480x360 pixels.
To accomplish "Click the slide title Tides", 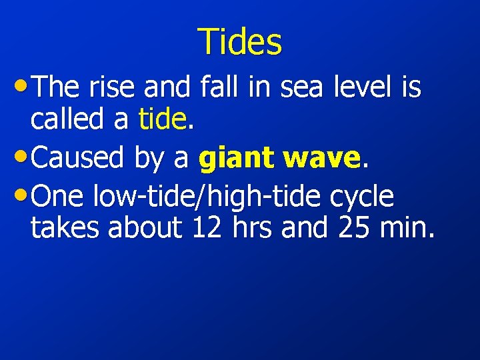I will pyautogui.click(x=240, y=41).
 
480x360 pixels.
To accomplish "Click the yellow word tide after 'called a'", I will pyautogui.click(x=163, y=120).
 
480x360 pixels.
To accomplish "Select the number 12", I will pyautogui.click(x=208, y=228).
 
